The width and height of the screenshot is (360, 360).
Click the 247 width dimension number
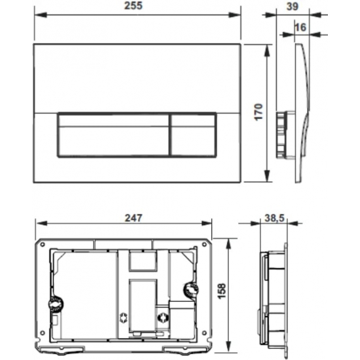[132, 217]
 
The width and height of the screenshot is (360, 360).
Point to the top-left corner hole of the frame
[41, 242]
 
